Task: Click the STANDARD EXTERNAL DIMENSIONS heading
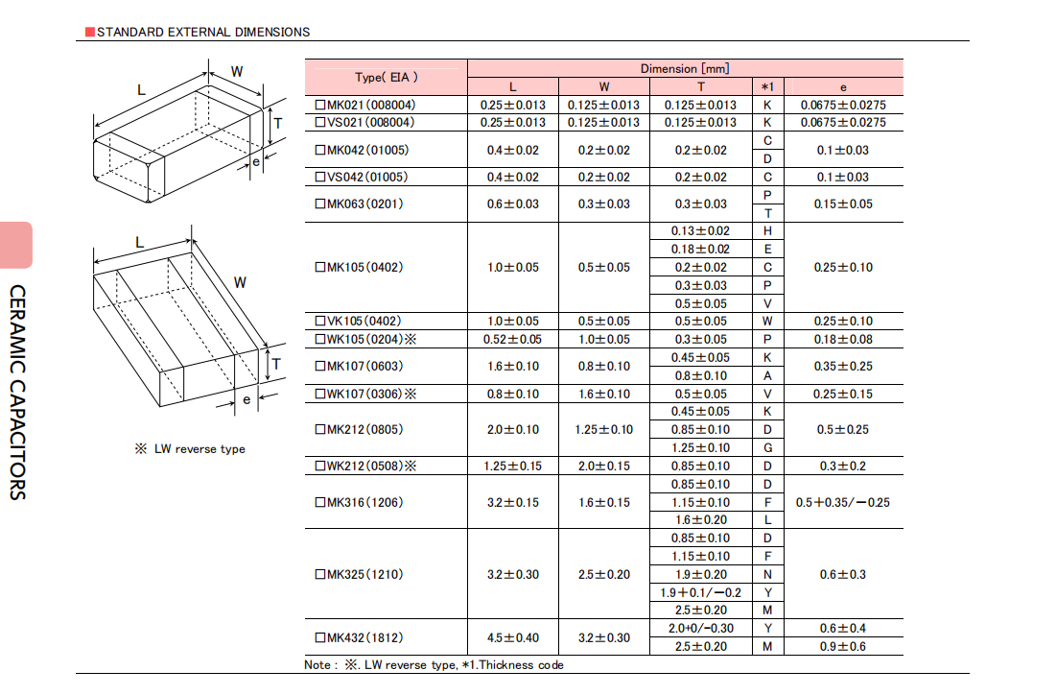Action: tap(203, 32)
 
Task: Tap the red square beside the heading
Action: tap(90, 32)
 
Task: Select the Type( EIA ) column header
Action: tap(387, 78)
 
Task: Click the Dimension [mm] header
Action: tap(685, 69)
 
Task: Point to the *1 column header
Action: tap(767, 87)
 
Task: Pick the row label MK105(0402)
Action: tap(360, 268)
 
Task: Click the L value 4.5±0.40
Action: tap(513, 637)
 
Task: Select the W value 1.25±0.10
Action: tap(604, 430)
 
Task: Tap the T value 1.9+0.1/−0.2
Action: tap(700, 593)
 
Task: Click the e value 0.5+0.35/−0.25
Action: tap(842, 503)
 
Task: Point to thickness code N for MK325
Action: tap(767, 575)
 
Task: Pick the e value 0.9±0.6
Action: tap(843, 647)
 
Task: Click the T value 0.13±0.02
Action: tap(700, 231)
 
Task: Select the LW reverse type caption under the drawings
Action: tap(190, 449)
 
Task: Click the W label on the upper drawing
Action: tap(237, 71)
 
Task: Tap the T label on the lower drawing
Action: tap(276, 365)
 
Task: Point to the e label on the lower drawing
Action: tap(246, 400)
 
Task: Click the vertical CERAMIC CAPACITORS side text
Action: tap(17, 393)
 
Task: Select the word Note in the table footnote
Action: tap(317, 665)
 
